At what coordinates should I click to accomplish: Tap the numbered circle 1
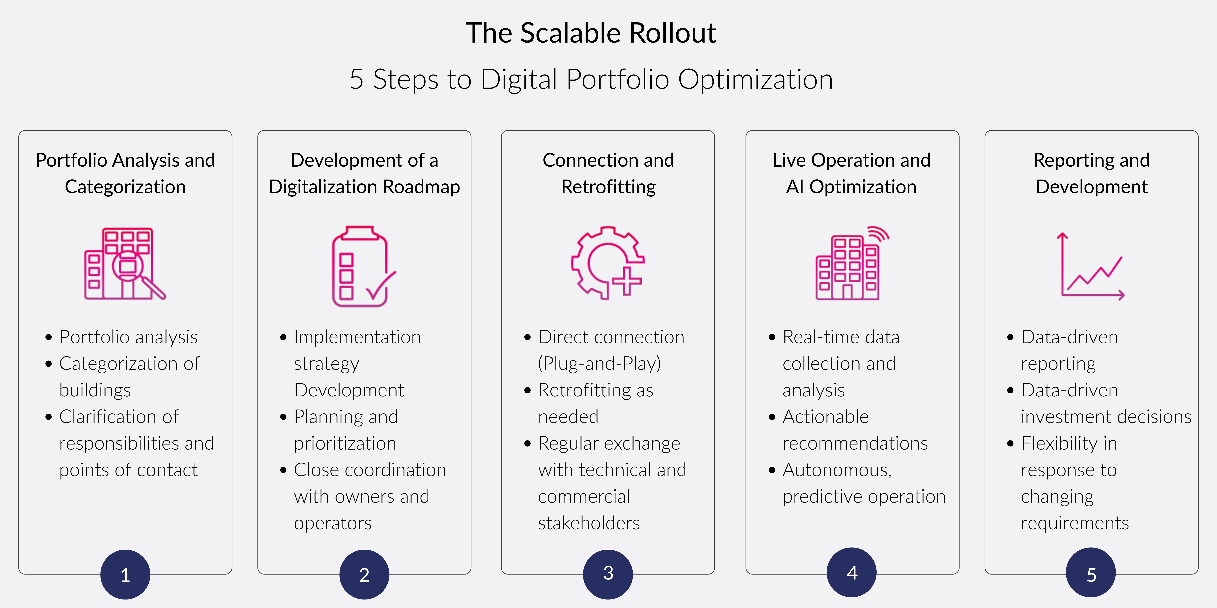point(125,574)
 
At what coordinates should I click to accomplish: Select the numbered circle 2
point(364,574)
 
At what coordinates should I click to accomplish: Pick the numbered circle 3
point(608,574)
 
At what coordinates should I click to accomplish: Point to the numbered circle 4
point(852,573)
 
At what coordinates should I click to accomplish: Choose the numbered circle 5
point(1091,574)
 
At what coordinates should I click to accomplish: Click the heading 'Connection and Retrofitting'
point(608,173)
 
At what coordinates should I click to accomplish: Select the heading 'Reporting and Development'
point(1091,173)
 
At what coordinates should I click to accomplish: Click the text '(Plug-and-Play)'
point(599,363)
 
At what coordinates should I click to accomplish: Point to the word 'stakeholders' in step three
point(589,523)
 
